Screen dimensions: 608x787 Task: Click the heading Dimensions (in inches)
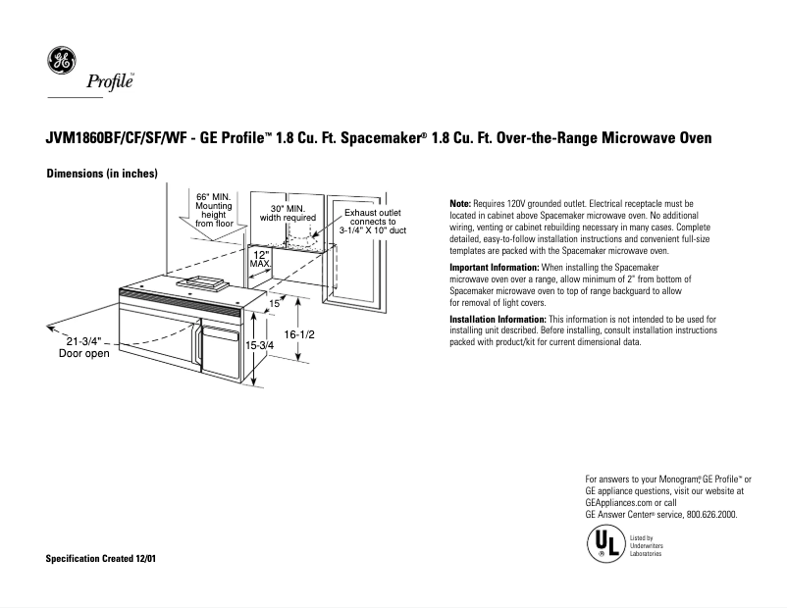point(102,174)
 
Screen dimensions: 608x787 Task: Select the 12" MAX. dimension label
point(260,258)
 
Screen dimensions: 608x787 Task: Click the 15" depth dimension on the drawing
point(276,304)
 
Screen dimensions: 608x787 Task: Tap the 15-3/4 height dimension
point(260,346)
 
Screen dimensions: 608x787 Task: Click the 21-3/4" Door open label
point(83,347)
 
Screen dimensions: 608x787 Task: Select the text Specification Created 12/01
point(101,558)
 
